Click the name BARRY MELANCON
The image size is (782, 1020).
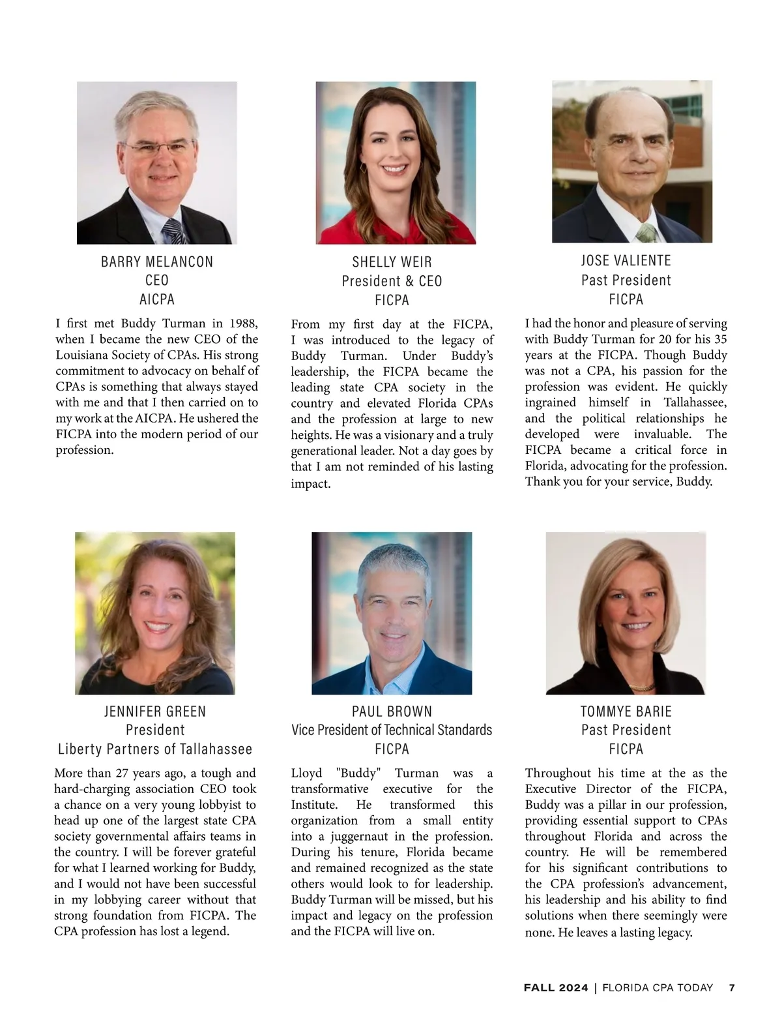pos(157,262)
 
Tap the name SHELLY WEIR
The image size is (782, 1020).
pos(392,262)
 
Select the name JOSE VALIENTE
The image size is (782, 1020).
pos(626,261)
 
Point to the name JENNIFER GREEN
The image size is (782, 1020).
pos(155,711)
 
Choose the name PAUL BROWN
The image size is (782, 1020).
pos(392,711)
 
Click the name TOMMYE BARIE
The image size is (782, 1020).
pos(626,711)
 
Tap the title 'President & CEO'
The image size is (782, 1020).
pos(392,281)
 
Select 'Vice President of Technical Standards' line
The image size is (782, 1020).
pos(392,730)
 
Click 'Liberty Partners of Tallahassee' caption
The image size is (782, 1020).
pos(155,749)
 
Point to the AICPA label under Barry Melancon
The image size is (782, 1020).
pos(157,299)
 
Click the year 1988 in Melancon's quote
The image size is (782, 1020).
pos(243,323)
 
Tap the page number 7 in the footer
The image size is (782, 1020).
pos(732,987)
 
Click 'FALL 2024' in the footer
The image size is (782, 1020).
pos(556,987)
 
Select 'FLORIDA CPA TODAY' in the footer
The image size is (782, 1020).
pos(658,987)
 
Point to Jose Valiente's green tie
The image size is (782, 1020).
pos(646,232)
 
